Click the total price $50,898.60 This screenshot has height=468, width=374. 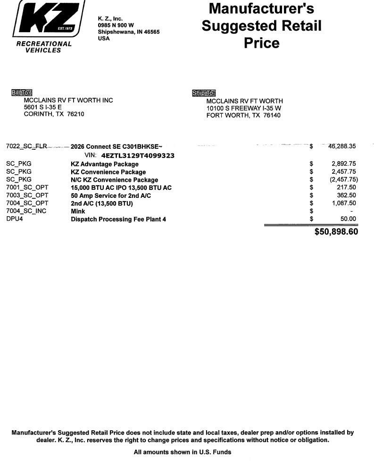point(336,232)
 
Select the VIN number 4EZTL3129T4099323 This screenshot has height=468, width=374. point(138,155)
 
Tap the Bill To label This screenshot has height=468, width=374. point(21,93)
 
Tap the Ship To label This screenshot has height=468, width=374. point(204,93)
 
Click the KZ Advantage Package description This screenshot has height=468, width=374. point(105,164)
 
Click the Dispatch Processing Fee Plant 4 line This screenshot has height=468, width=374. point(118,219)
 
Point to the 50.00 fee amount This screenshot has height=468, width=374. point(348,219)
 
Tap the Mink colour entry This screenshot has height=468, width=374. point(78,211)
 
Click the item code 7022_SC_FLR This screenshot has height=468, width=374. point(26,146)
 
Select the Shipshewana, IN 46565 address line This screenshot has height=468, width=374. point(129,32)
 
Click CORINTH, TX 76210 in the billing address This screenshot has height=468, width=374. point(54,114)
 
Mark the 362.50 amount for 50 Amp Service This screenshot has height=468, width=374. point(346,196)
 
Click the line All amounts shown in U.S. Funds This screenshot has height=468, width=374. point(183,452)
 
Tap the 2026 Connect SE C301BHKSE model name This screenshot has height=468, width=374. point(116,147)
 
